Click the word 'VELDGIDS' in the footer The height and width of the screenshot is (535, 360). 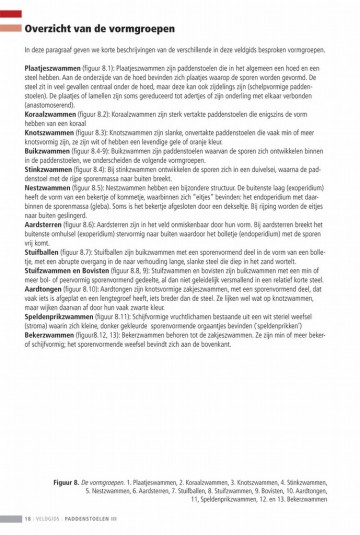tap(50, 518)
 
